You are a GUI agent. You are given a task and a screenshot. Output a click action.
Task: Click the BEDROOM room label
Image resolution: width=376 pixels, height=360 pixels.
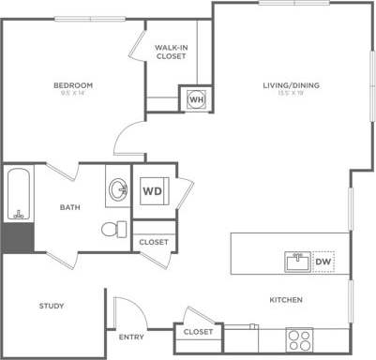[x=71, y=85]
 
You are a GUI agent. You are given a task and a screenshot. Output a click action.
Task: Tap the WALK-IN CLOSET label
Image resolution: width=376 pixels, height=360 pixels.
[x=170, y=52]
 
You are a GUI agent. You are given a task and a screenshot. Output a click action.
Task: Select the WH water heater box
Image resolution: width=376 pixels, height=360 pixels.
[x=196, y=98]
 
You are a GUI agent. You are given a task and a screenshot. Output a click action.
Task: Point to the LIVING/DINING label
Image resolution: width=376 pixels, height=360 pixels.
[x=291, y=85]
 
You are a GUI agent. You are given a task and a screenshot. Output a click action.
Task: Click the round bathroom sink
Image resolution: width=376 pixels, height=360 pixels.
[x=119, y=191]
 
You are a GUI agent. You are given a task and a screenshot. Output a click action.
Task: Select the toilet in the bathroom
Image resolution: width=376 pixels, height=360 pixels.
[x=113, y=229]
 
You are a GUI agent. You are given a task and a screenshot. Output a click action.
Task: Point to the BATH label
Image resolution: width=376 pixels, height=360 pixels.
[x=69, y=207]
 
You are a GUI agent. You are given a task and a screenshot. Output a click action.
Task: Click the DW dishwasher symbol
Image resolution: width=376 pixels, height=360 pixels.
[x=322, y=261]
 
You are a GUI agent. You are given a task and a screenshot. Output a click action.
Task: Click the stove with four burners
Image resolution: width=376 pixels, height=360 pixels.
[x=299, y=337]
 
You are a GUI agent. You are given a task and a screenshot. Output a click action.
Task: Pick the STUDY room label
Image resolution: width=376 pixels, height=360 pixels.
[x=51, y=307]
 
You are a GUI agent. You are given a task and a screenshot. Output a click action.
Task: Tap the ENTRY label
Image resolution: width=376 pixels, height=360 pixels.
[x=131, y=337]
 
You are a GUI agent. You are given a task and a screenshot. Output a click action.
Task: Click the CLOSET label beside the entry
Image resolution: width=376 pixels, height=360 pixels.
[x=198, y=332]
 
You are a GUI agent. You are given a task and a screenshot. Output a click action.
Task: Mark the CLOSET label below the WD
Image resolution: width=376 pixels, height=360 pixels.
[x=154, y=242]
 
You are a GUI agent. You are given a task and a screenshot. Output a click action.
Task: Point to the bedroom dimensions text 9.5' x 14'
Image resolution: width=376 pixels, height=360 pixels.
[x=71, y=94]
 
